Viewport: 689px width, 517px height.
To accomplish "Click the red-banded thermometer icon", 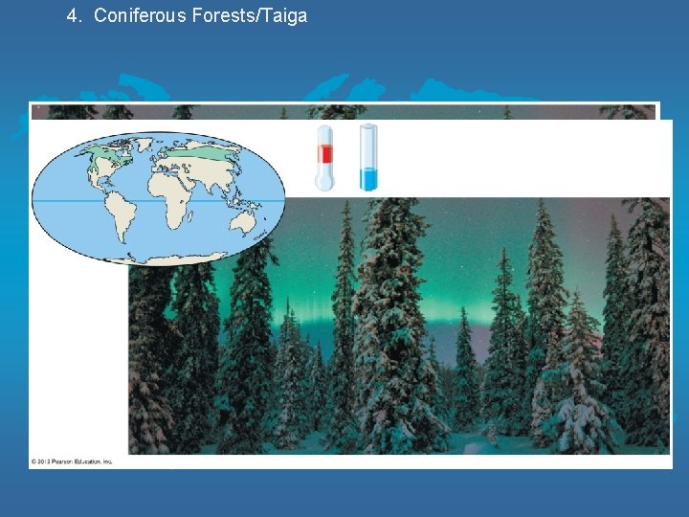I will (x=325, y=157).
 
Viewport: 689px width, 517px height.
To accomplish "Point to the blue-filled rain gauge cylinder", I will (x=368, y=157).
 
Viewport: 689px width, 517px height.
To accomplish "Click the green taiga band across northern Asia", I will (x=206, y=152).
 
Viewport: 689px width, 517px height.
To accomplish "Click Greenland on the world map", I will (x=144, y=145).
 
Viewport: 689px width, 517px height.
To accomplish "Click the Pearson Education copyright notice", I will (x=72, y=461).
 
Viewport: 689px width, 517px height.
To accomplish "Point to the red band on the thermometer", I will (x=325, y=154).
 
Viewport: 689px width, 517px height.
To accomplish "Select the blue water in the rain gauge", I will (x=368, y=178).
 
